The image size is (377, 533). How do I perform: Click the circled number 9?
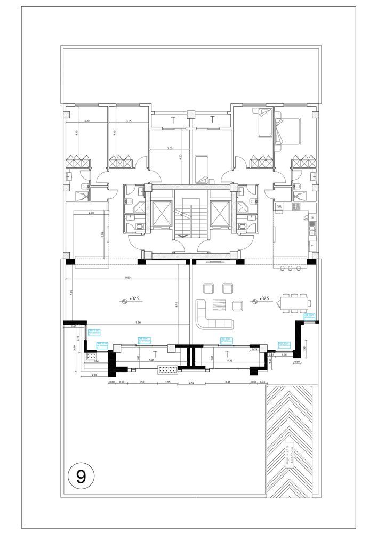tap(81, 475)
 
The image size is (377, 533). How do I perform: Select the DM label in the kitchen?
tap(279, 207)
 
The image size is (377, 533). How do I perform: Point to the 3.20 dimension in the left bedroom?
tap(86, 122)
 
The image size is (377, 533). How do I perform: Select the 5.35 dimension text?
tap(229, 361)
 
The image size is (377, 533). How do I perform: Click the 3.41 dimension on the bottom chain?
tap(228, 382)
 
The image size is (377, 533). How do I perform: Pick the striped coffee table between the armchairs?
tap(219, 305)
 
